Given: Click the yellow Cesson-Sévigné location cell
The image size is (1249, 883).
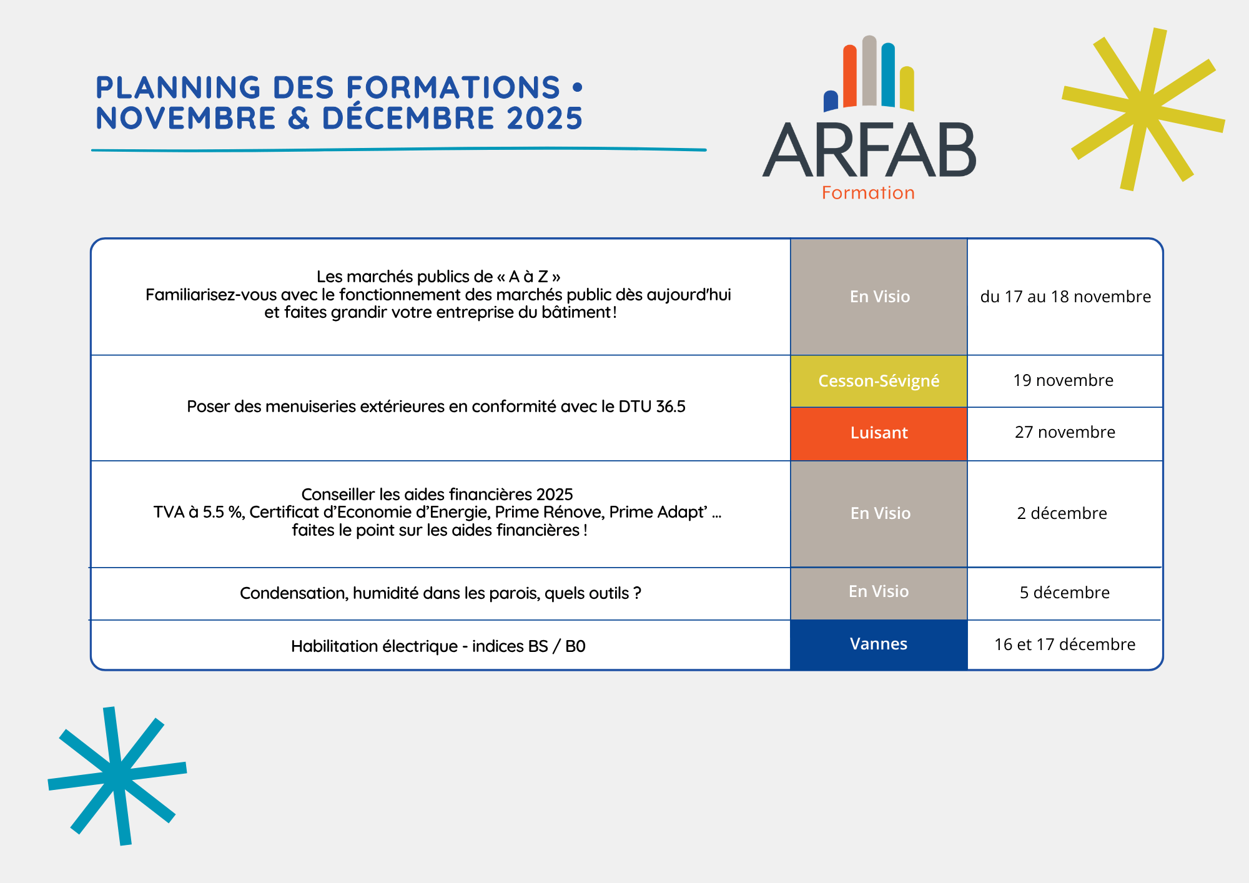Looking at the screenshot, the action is pos(879,381).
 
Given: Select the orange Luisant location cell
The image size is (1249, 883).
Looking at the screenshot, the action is pos(879,434).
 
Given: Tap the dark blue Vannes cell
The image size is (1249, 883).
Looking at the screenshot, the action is pos(879,644).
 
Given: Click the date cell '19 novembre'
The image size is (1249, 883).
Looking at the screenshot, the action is pos(1064,380).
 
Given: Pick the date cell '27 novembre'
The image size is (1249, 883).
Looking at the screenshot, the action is pos(1065,432).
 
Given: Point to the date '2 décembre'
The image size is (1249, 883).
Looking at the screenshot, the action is pos(1062,513).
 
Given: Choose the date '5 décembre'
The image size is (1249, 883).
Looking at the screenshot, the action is pos(1065,593).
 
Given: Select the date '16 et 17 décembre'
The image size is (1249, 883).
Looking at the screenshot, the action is pos(1065,644).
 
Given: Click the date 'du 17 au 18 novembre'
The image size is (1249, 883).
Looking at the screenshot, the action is pos(1065,297).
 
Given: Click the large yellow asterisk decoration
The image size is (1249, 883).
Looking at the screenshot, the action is pos(1143,109).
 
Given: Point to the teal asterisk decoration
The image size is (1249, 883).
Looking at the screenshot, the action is pos(117,776).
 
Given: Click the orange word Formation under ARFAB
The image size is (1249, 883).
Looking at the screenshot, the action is pos(868,193).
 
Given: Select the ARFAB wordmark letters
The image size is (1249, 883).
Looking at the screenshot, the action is pos(869,150).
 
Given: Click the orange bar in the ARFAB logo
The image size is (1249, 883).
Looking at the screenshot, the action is pos(850,76).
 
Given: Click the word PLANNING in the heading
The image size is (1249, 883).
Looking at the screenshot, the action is pos(179,87).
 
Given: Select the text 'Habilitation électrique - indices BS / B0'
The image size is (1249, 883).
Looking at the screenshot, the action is pos(438,646).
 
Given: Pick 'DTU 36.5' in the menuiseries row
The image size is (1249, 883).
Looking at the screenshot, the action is pos(652,407).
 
